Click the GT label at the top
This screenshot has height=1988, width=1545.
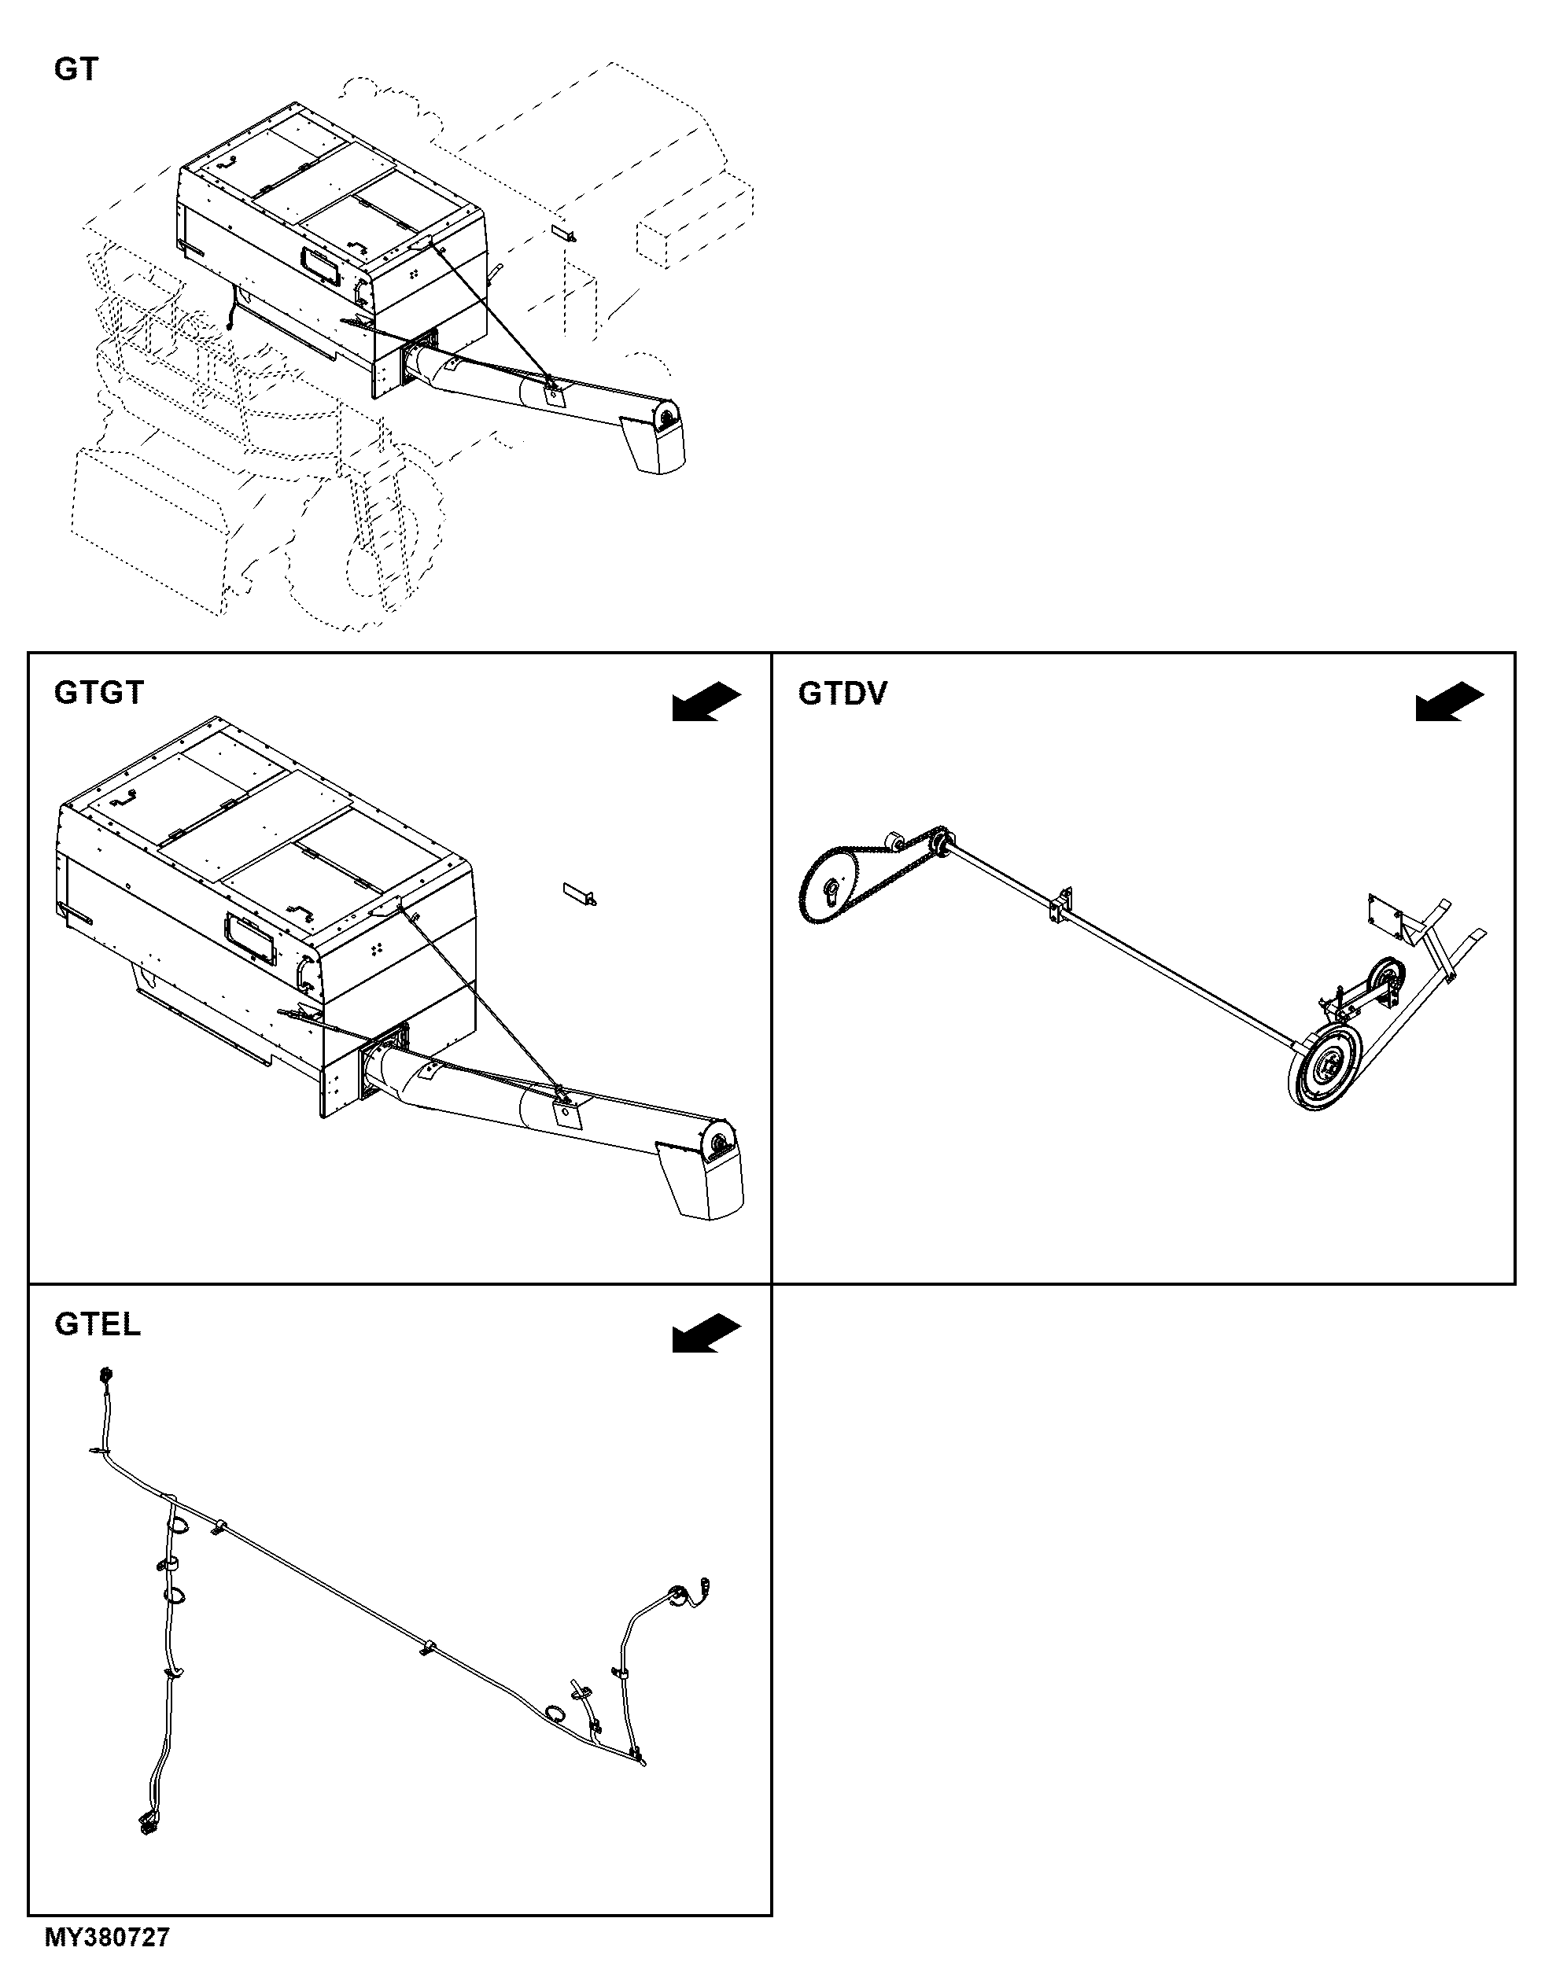pyautogui.click(x=76, y=69)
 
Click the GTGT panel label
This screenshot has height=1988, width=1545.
pyautogui.click(x=99, y=693)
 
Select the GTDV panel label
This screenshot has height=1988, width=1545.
pyautogui.click(x=843, y=694)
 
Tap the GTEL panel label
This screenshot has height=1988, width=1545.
pyautogui.click(x=98, y=1324)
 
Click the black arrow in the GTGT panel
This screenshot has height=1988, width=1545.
pyautogui.click(x=706, y=701)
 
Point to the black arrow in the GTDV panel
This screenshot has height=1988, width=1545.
pyautogui.click(x=1449, y=701)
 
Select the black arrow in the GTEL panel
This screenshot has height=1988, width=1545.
pyautogui.click(x=706, y=1334)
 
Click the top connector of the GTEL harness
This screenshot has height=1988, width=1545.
pyautogui.click(x=105, y=1374)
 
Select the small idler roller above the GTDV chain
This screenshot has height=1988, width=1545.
pyautogui.click(x=893, y=838)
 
